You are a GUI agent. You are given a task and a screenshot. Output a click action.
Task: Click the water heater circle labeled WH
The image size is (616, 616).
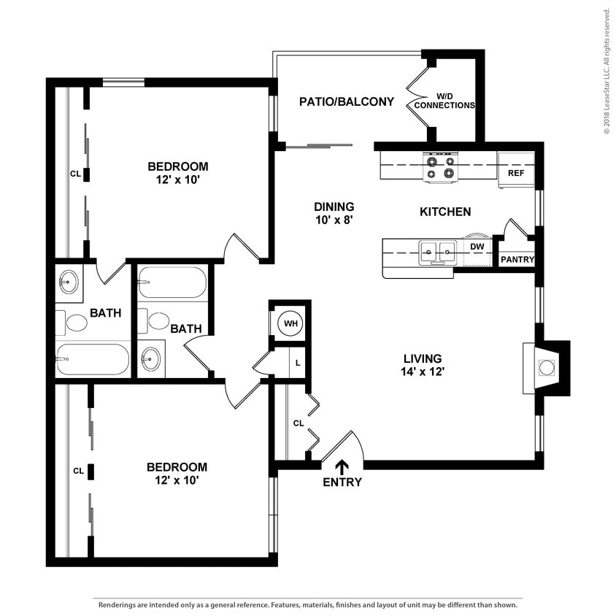click(x=290, y=323)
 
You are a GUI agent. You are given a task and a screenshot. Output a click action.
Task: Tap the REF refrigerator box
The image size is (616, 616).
click(x=516, y=170)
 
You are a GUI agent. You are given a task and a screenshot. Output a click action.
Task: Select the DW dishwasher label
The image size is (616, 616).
click(x=477, y=247)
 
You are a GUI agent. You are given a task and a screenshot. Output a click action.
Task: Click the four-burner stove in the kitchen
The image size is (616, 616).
click(x=440, y=167)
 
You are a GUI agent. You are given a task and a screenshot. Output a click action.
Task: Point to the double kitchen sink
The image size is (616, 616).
click(x=438, y=252)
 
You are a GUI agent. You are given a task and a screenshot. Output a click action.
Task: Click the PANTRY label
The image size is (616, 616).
click(x=517, y=260)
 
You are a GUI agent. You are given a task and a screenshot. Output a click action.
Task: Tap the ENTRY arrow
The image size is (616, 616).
click(x=342, y=467)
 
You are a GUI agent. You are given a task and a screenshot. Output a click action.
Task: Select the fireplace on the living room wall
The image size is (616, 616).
click(x=545, y=368)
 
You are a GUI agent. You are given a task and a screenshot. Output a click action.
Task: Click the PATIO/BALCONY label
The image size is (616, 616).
click(x=347, y=101)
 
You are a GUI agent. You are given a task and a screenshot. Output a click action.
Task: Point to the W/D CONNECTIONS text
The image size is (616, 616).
click(x=444, y=101)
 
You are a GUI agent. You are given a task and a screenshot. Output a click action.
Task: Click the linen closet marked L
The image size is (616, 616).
click(x=297, y=363)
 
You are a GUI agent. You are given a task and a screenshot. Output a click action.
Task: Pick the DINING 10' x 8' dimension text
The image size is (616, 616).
click(x=334, y=213)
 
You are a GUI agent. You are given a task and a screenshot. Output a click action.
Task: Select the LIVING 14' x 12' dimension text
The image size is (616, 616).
click(x=423, y=365)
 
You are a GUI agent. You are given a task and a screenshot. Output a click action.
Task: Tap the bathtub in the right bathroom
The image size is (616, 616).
click(x=172, y=282)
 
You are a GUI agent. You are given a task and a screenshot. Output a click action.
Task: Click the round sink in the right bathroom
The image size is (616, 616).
click(x=151, y=358)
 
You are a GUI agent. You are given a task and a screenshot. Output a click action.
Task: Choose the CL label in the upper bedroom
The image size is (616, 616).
click(x=75, y=173)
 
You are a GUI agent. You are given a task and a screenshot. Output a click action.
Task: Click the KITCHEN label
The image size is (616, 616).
click(x=445, y=212)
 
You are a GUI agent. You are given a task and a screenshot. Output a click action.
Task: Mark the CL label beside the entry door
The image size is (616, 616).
click(x=299, y=423)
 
